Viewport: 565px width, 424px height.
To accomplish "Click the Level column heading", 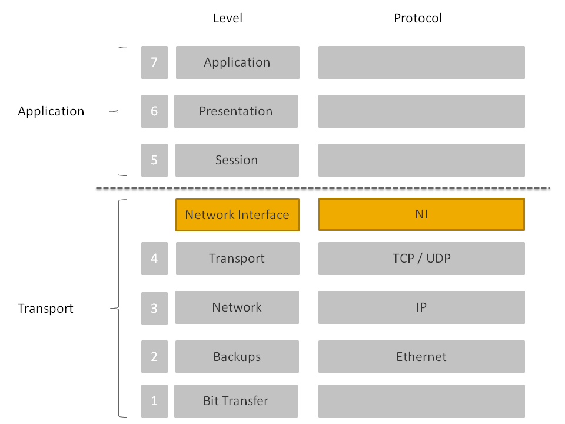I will tap(227, 18).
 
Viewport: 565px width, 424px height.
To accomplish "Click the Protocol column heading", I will tap(417, 18).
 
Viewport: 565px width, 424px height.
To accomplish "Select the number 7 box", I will tap(154, 62).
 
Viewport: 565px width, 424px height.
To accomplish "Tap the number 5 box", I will tap(154, 160).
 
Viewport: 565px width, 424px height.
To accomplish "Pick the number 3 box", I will tap(154, 308).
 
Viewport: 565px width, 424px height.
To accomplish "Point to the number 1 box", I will tap(154, 401).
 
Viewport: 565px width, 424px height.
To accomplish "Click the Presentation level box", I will tap(235, 111).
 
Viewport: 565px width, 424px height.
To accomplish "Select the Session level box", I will tap(237, 160).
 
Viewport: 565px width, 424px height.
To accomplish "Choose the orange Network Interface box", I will tap(237, 215).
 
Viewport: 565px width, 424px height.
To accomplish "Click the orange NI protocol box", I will tap(421, 215).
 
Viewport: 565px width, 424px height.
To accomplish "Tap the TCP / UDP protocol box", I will tap(421, 259).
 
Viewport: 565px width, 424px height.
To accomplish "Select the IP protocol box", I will tap(421, 307).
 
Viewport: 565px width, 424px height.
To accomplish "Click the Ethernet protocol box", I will tap(421, 357).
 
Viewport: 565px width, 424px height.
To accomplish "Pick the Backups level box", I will tap(237, 357).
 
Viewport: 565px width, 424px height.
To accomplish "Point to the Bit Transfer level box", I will tap(235, 401).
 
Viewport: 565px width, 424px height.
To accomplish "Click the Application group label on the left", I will tap(51, 111).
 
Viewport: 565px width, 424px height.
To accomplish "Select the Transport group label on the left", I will tap(46, 309).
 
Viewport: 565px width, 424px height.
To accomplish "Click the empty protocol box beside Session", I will tap(421, 160).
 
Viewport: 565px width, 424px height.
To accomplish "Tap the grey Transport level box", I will tap(237, 259).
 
